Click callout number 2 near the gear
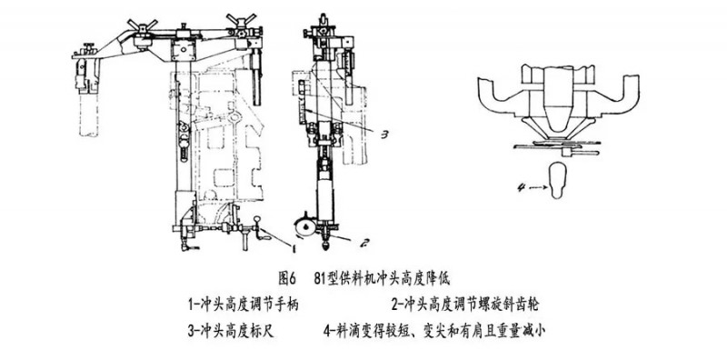coord(364,242)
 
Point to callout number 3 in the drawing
coord(383,135)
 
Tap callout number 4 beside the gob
coord(521,188)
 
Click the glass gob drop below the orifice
coord(559,182)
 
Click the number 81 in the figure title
coord(319,279)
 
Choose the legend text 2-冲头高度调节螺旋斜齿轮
coord(465,305)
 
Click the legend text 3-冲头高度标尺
coord(232,331)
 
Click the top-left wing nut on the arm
coord(142,25)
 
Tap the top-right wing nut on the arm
coord(242,20)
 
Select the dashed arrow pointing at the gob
coord(538,188)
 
